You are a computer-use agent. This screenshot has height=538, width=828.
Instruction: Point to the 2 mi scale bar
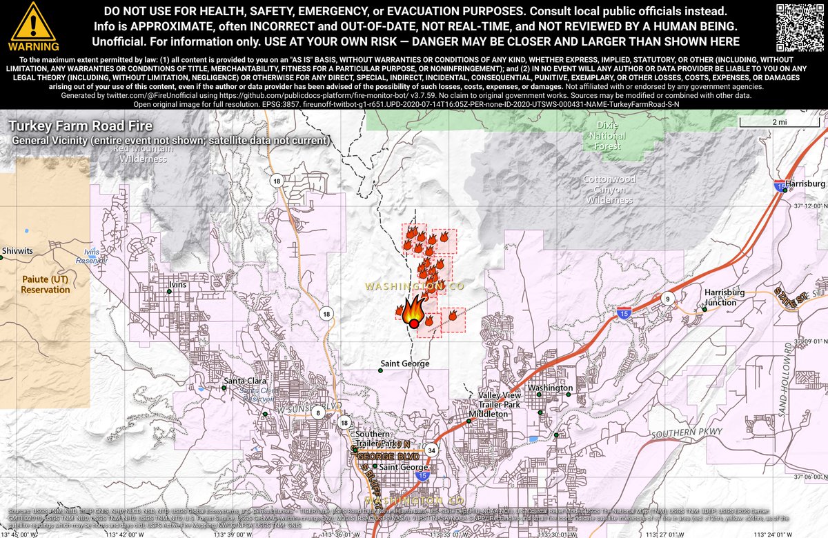point(779,122)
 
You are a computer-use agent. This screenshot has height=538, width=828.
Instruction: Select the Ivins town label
point(177,283)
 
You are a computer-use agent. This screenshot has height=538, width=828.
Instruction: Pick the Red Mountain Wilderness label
point(143,153)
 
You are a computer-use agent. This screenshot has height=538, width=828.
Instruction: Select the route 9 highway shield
point(667,299)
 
